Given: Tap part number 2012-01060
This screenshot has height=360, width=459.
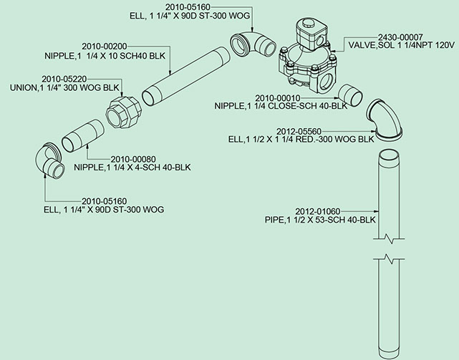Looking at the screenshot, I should coord(318,211).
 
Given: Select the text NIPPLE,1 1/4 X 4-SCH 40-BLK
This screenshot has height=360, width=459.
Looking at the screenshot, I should coord(137,168).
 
